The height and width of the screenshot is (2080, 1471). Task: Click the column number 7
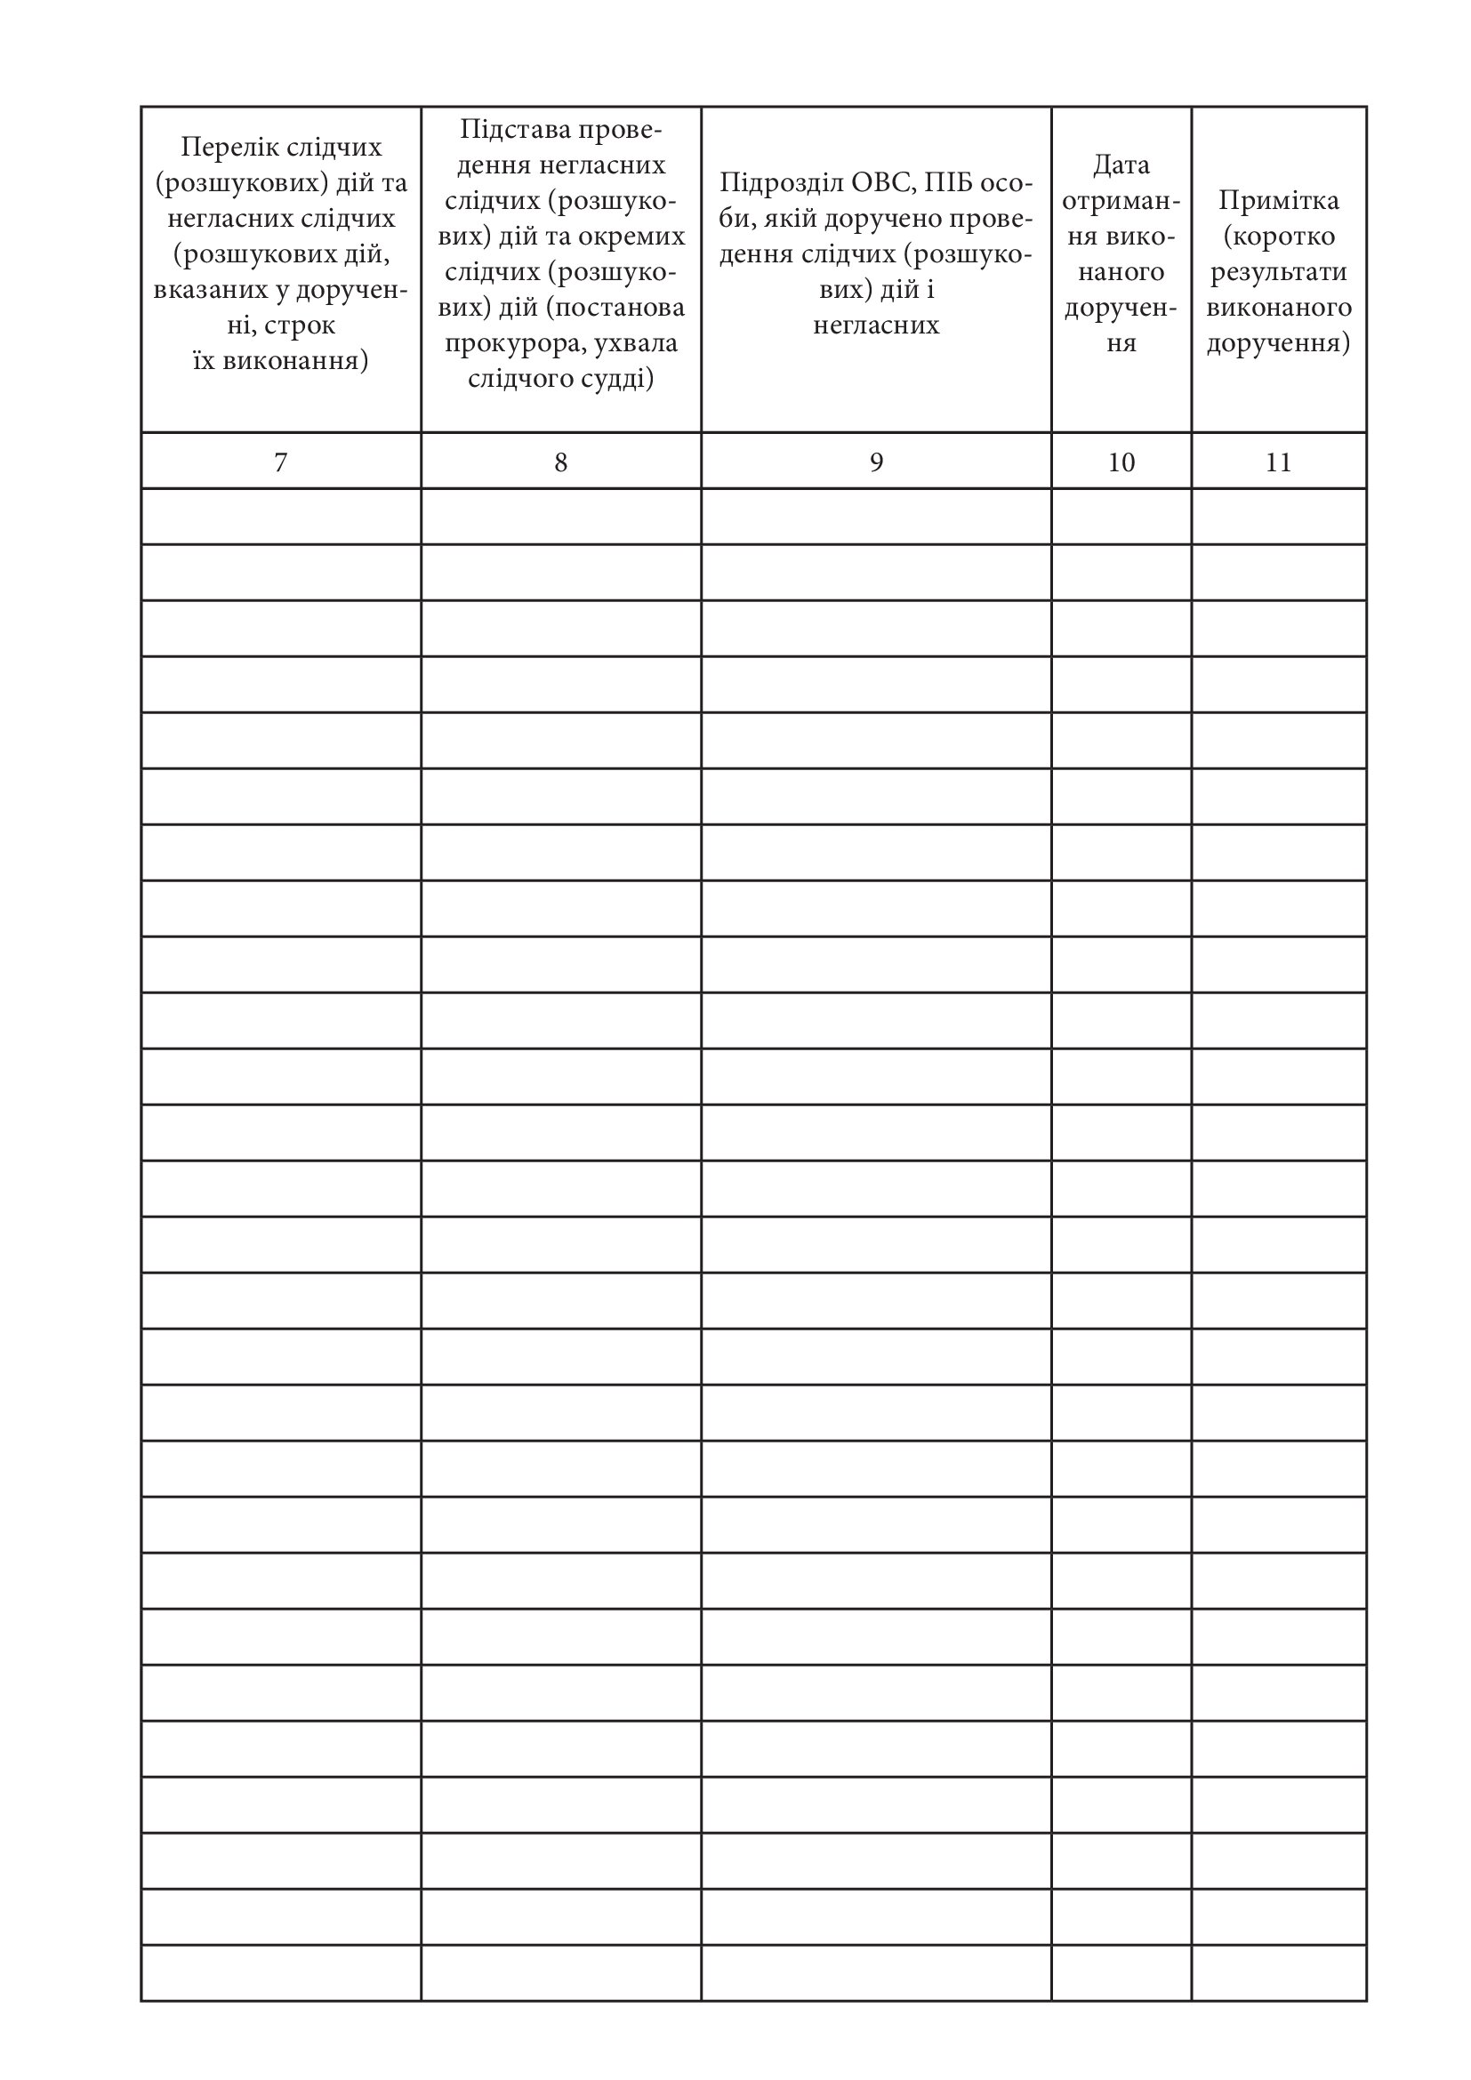281,463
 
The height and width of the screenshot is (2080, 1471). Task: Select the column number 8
560,463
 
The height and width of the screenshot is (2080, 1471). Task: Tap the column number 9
876,463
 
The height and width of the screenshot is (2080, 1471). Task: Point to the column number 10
1121,463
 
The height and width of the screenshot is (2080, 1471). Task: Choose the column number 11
1278,463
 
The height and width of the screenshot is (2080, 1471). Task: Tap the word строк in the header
300,325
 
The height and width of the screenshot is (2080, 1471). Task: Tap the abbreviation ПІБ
951,183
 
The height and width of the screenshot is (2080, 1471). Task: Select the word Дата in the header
1121,165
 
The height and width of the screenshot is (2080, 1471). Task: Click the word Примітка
1278,200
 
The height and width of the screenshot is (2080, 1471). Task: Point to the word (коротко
1278,237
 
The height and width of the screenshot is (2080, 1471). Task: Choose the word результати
1278,272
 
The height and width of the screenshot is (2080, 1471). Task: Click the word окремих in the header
637,237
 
